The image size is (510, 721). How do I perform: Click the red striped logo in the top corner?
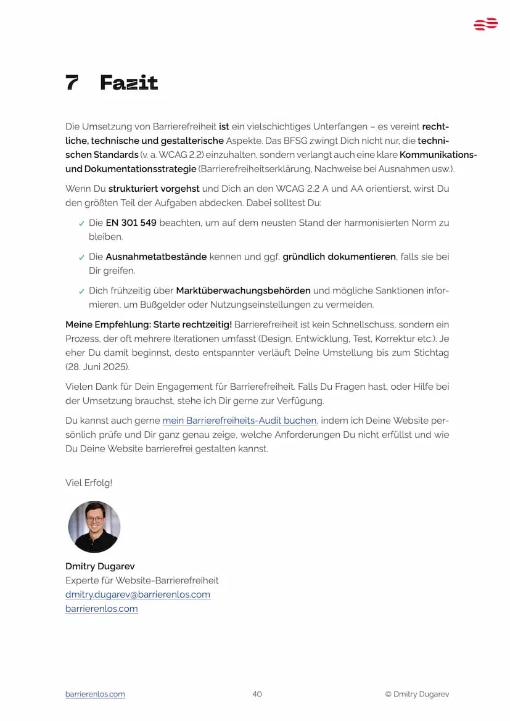(x=485, y=25)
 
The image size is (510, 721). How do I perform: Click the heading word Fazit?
(x=129, y=83)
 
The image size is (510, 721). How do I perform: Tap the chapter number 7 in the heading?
(x=72, y=83)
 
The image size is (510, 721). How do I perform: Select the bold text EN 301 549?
(x=131, y=223)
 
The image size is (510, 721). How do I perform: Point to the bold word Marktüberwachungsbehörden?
(x=243, y=290)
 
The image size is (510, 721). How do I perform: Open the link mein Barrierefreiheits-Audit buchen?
(x=239, y=421)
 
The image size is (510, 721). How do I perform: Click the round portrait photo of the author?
(x=94, y=527)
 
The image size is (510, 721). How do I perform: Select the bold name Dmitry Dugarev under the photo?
(x=100, y=566)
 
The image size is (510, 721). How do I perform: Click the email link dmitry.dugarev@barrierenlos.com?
(x=138, y=595)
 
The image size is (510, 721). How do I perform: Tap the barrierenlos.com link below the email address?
(x=101, y=609)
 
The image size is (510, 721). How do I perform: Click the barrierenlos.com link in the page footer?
(x=95, y=694)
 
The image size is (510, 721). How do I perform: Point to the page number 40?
(x=257, y=694)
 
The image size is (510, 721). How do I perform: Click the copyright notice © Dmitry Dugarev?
(x=417, y=694)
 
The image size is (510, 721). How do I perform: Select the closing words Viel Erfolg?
(x=89, y=483)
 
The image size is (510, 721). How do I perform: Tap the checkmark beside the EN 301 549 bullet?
(x=81, y=223)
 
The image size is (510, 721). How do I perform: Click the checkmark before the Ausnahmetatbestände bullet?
(x=81, y=257)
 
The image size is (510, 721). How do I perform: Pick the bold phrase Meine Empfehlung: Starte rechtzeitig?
(x=149, y=324)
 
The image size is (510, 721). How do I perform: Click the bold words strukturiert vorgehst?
(x=154, y=189)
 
